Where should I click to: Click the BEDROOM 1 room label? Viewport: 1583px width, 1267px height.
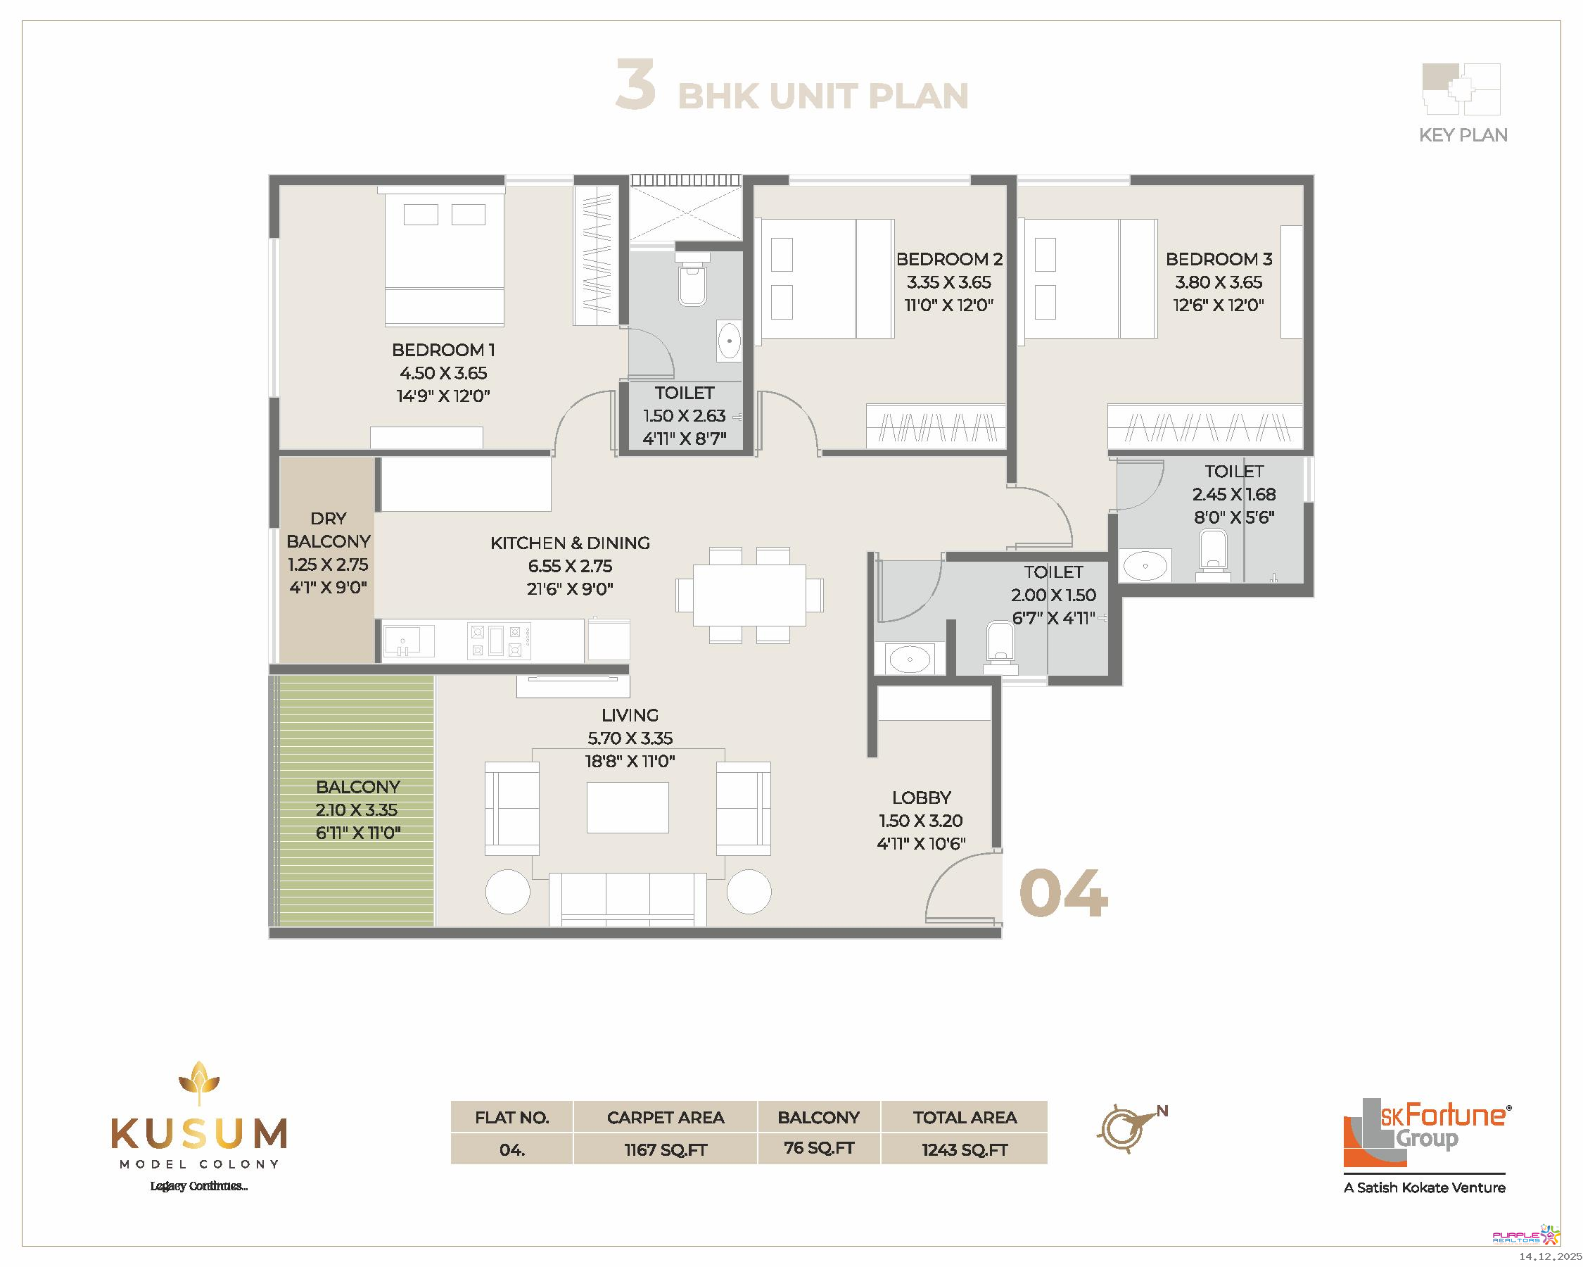[443, 350]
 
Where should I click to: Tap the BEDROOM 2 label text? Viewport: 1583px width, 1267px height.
[949, 258]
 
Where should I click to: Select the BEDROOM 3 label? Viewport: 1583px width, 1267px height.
[1219, 258]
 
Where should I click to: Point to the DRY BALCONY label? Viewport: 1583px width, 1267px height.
[328, 529]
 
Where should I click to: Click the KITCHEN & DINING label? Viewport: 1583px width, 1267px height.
[571, 543]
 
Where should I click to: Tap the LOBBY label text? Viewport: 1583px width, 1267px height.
[922, 798]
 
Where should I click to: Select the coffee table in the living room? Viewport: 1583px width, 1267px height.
[628, 807]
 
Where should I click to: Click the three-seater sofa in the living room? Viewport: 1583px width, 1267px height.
[628, 899]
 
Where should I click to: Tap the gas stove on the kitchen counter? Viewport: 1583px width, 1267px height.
[500, 641]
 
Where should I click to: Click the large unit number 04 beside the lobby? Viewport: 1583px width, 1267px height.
[1063, 893]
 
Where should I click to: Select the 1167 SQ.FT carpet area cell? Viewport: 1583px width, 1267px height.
[666, 1149]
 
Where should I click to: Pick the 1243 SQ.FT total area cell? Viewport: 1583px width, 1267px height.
[965, 1149]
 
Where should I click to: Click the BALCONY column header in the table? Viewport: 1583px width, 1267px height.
[819, 1117]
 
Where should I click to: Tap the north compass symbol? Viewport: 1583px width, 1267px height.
[1130, 1128]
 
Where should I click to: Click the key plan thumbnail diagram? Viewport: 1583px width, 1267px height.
[1461, 89]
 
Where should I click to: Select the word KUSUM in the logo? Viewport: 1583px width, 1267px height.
[199, 1134]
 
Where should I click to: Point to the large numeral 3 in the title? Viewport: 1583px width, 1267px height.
[636, 84]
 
